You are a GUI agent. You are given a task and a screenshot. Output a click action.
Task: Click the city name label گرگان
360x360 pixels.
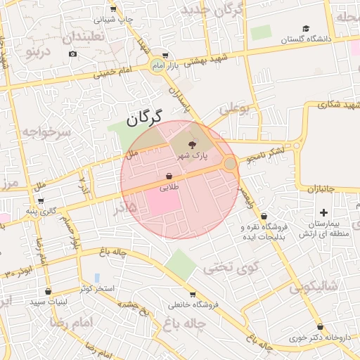point(146,117)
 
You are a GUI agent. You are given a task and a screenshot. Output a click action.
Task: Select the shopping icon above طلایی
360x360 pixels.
point(169,176)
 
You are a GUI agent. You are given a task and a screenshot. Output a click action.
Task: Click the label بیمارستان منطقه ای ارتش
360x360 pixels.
point(323,229)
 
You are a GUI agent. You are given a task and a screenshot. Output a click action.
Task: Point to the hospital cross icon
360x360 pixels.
point(323,212)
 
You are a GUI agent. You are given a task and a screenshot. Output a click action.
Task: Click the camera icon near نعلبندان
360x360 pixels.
point(73,53)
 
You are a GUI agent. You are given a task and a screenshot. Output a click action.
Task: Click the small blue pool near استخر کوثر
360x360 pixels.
point(96,277)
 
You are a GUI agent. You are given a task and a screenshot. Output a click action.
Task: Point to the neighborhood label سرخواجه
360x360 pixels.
point(46,131)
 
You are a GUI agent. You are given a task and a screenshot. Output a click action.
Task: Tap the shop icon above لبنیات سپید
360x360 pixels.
point(48,291)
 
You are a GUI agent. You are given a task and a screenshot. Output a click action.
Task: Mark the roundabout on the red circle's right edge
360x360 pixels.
point(230,164)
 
